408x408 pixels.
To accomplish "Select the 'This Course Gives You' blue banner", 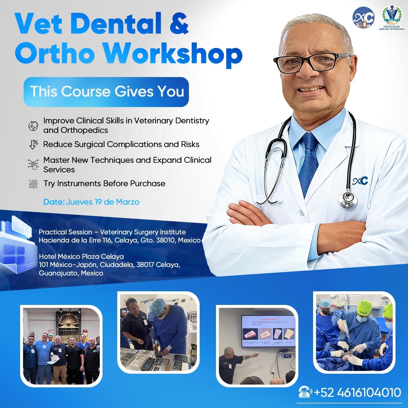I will coord(106,92).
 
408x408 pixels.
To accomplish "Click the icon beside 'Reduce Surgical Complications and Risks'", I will coord(33,144).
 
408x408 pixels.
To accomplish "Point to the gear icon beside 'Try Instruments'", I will coord(33,184).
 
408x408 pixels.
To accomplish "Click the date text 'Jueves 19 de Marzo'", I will coord(103,202).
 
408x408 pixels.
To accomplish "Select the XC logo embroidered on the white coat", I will coord(360,181).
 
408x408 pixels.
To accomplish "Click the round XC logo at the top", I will coord(363,18).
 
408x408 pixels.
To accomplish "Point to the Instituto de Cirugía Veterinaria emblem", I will coord(392,17).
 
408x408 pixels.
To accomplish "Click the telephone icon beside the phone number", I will coord(305,392).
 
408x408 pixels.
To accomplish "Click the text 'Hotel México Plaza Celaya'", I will coord(81,256).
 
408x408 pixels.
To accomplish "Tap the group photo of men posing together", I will coord(61,346).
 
